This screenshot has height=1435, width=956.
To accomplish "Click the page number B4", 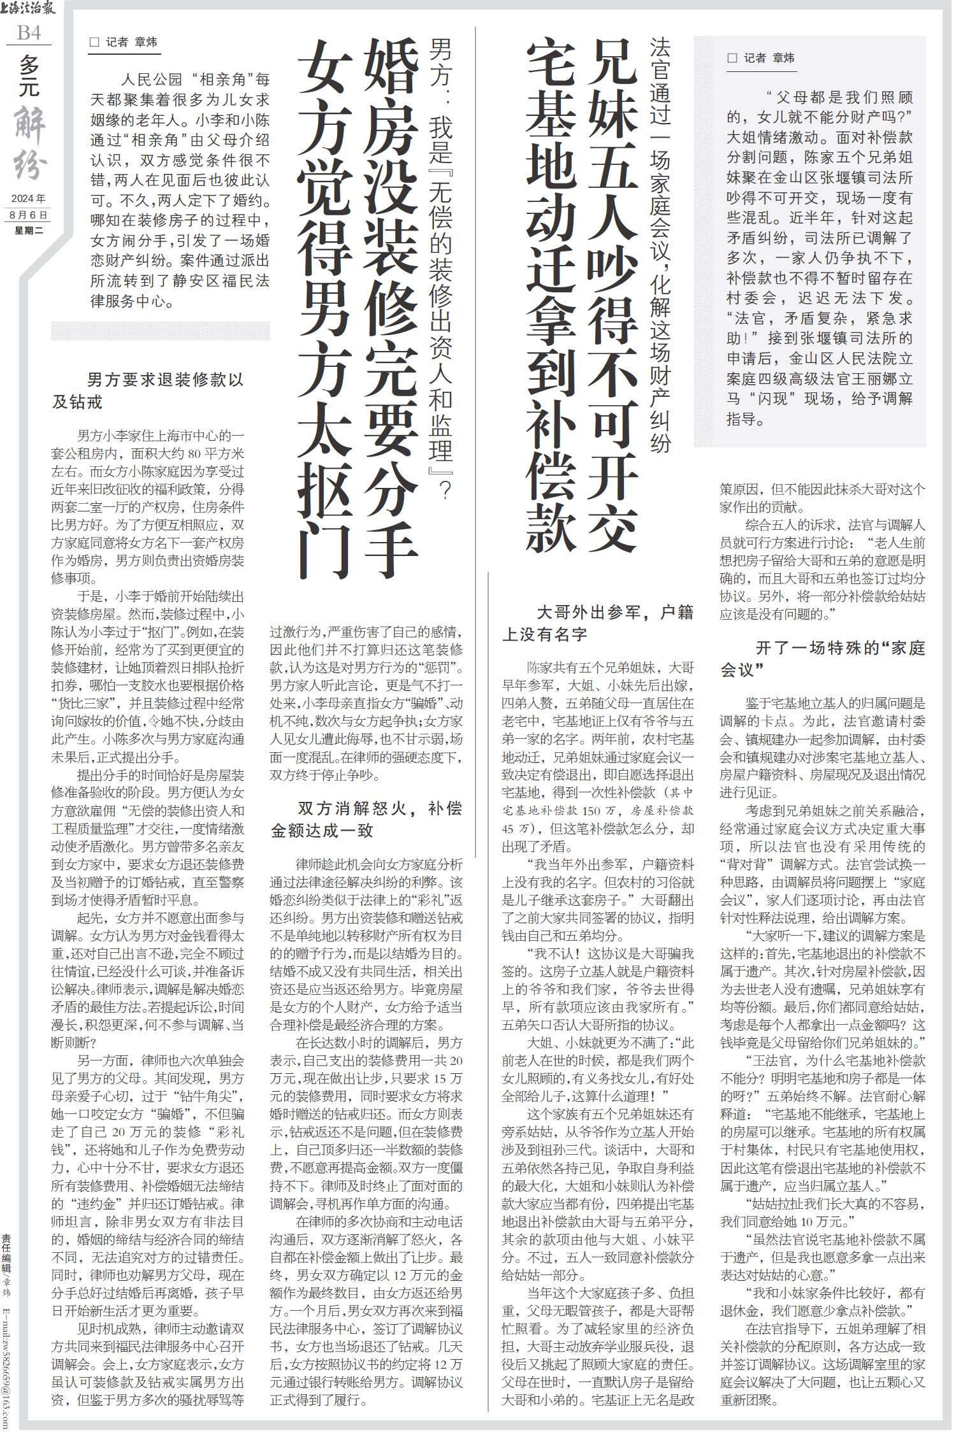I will [x=29, y=32].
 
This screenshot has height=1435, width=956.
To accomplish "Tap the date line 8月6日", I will [x=29, y=215].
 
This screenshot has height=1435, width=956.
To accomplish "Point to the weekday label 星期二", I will [x=29, y=230].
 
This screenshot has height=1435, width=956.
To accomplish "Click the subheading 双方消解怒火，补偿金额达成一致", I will [x=366, y=820].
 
